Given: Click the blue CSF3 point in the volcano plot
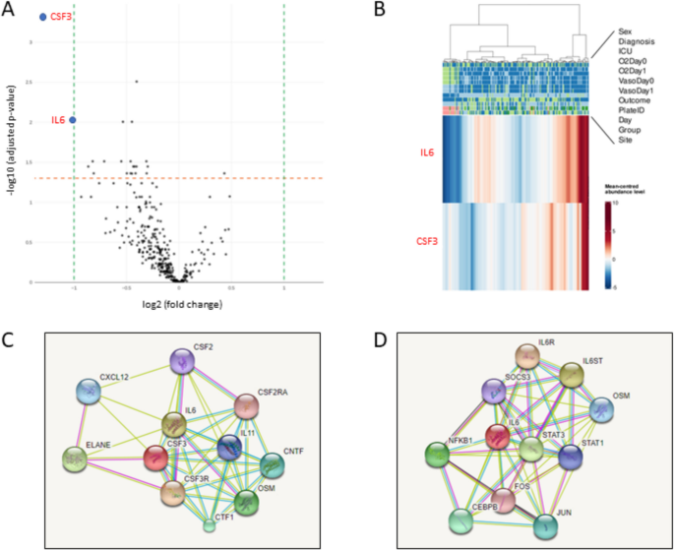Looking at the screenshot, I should (x=42, y=17).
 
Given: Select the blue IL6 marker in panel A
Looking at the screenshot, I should (x=73, y=120).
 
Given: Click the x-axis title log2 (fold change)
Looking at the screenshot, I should (x=178, y=304).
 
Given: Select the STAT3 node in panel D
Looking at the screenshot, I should (x=532, y=450).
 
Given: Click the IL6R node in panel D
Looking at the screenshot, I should (x=530, y=357).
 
